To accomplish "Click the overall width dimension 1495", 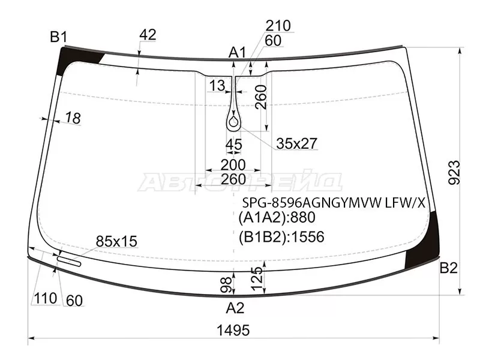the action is pos(233,331).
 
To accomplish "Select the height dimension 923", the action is pos(454,172).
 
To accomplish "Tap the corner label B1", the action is pos(58,37).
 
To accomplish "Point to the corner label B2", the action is pos(448,268).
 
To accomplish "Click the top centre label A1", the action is pos(237,53).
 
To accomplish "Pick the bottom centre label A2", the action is pos(235,308).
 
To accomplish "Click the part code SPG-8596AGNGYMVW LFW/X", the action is pos(334,202).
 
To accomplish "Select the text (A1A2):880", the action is pos(277,217).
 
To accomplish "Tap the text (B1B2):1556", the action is pos(281,236).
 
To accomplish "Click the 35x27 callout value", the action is pos(296,143).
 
